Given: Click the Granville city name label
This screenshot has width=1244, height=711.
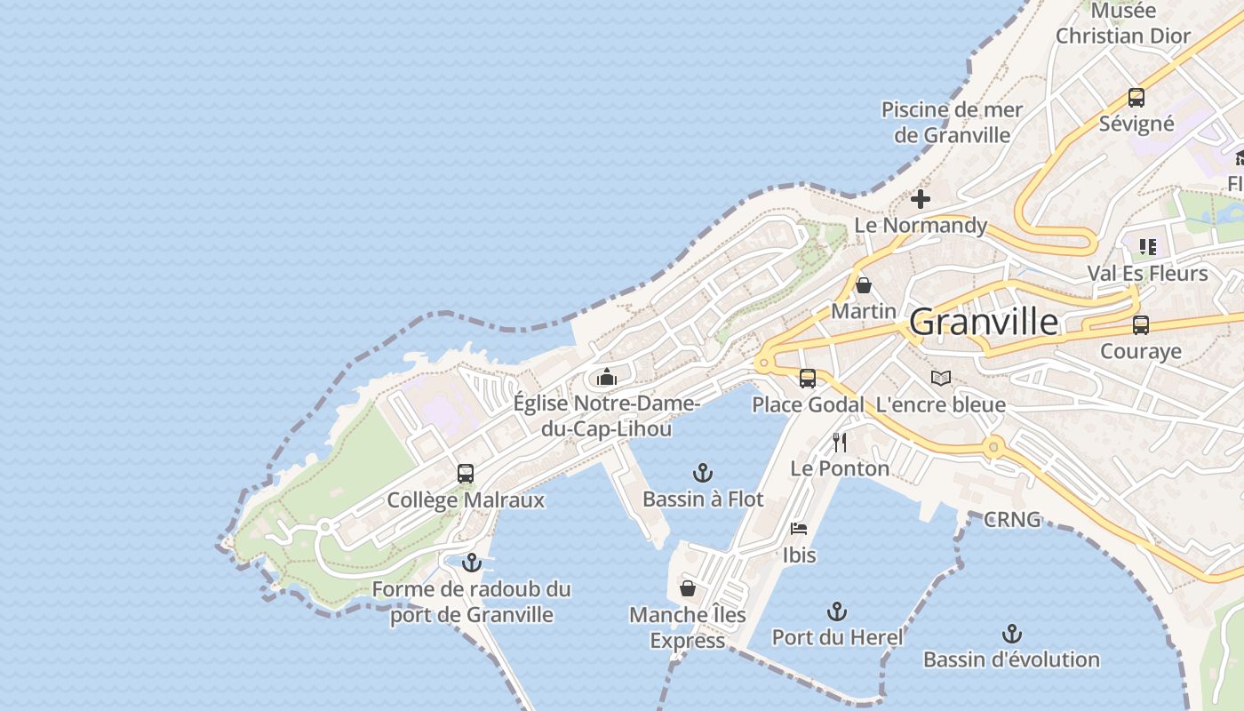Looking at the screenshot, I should tap(984, 322).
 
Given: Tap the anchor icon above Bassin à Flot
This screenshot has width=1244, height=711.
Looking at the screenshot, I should tap(703, 472).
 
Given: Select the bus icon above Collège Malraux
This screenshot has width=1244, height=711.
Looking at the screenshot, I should tap(466, 474).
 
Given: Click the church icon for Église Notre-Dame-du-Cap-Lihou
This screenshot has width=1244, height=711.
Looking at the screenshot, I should tap(607, 377).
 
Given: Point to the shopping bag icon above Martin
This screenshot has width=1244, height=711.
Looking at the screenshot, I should tap(863, 285).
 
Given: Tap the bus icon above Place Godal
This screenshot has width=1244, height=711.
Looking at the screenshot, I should tap(807, 379).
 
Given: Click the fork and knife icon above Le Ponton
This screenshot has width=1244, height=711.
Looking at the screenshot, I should tap(839, 442).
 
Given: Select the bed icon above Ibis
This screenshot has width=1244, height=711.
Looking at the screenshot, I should tap(799, 529).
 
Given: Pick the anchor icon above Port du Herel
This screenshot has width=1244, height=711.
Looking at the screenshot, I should tap(836, 611).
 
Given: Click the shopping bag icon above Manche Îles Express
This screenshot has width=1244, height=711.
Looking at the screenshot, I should tap(687, 588).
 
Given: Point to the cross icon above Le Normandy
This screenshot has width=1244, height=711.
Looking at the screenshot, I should tap(921, 199).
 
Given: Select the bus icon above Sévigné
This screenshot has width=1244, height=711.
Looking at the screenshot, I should tap(1136, 98).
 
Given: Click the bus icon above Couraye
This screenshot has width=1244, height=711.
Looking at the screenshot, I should tap(1140, 325).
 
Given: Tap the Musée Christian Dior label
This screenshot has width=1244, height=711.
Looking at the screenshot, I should tap(1123, 24).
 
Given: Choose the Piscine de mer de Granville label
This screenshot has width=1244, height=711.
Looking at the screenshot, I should tap(953, 123).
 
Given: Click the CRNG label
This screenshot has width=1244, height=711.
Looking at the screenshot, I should tap(1012, 520).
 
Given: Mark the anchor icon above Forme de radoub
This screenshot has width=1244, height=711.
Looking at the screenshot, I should tap(472, 563).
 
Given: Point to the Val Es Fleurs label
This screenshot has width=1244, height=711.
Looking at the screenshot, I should tap(1148, 273).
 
